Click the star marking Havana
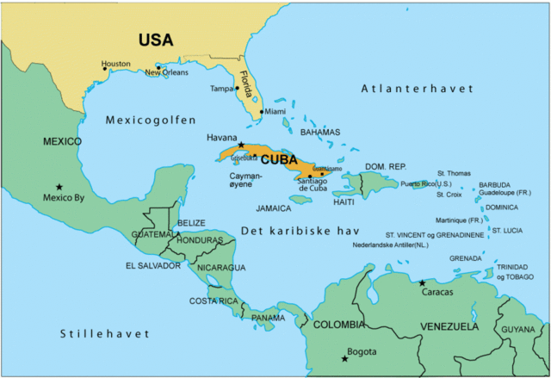coord(241,145)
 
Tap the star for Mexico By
coord(59,187)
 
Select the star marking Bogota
coord(345,358)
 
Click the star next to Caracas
coord(422,282)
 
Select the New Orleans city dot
coord(158,67)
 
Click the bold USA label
coord(156,40)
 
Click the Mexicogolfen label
coord(151,120)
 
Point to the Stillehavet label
coord(105,332)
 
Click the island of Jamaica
coord(300,199)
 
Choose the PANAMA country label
coord(268,318)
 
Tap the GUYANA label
coord(518,329)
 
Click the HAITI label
coord(344,202)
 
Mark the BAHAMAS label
coord(320,133)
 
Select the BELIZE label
coord(191,222)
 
